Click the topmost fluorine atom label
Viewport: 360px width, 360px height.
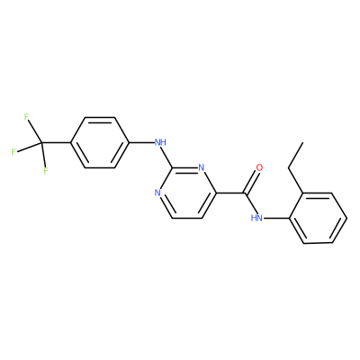(x=26, y=117)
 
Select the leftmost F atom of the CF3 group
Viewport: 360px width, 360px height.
(x=13, y=152)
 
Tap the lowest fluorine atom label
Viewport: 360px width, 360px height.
(x=46, y=171)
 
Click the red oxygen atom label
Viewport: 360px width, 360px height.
(x=259, y=167)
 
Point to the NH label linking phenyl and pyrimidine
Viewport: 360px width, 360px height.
(x=160, y=142)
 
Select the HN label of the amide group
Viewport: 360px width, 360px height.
(x=256, y=218)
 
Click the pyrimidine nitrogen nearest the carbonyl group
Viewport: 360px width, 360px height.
(x=202, y=167)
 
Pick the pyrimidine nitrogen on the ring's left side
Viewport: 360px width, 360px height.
(x=157, y=193)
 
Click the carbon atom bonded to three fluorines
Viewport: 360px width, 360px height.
(x=41, y=142)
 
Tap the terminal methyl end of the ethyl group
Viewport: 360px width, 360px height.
(x=302, y=143)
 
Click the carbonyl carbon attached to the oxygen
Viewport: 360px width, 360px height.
(x=245, y=193)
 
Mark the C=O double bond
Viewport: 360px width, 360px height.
(x=251, y=182)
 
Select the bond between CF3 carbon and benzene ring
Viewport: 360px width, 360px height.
(x=56, y=142)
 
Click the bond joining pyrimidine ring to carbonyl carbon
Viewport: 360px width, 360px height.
(x=230, y=193)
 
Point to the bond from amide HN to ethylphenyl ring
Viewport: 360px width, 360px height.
(x=276, y=218)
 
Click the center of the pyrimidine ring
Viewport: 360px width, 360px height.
(x=187, y=193)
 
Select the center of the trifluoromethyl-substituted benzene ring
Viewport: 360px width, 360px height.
(x=100, y=142)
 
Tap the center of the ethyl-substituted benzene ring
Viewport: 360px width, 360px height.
(x=318, y=218)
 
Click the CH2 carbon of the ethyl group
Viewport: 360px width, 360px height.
(x=289, y=167)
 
